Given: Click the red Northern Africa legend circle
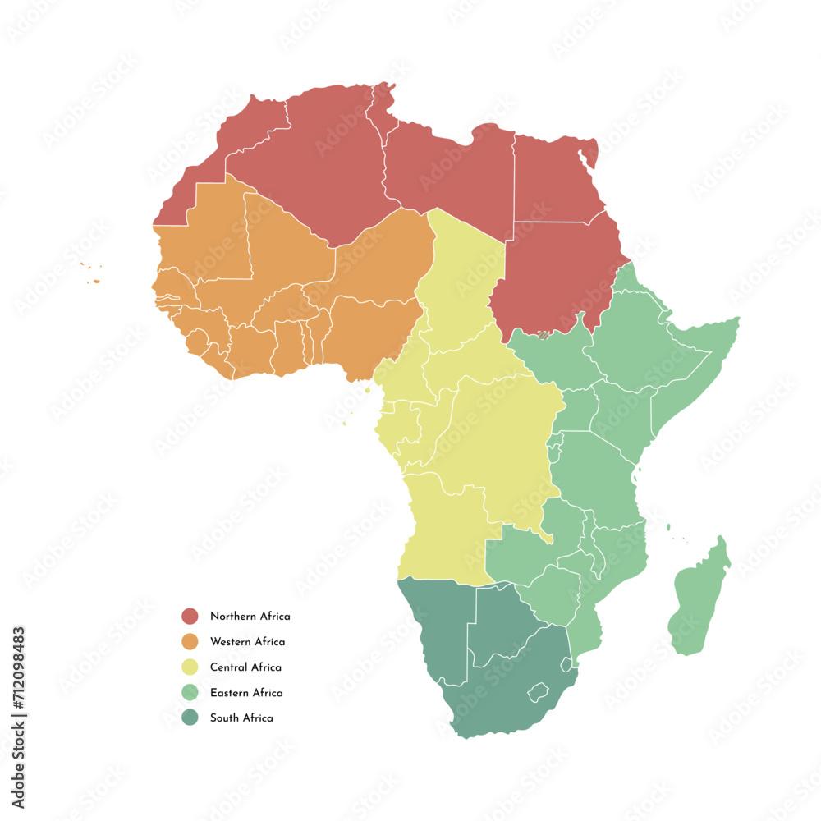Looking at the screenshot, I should pyautogui.click(x=190, y=616).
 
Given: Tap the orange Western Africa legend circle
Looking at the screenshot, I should pyautogui.click(x=190, y=641).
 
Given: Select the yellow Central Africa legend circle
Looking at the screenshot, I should pyautogui.click(x=190, y=667).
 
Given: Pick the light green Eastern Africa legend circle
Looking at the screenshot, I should pyautogui.click(x=190, y=692).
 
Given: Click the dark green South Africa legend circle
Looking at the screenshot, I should pyautogui.click(x=190, y=718).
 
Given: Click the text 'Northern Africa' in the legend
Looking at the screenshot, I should pyautogui.click(x=250, y=616).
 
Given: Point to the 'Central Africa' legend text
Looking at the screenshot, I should pyautogui.click(x=245, y=667).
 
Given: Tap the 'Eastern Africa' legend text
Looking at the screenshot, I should pyautogui.click(x=246, y=692).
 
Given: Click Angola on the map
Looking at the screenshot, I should pyautogui.click(x=439, y=525).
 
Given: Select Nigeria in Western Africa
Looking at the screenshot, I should pyautogui.click(x=369, y=328).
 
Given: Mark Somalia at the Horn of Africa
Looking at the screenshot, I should pyautogui.click(x=698, y=361).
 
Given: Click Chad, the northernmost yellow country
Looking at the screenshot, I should pyautogui.click(x=460, y=279).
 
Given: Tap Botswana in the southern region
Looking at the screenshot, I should pyautogui.click(x=501, y=624).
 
